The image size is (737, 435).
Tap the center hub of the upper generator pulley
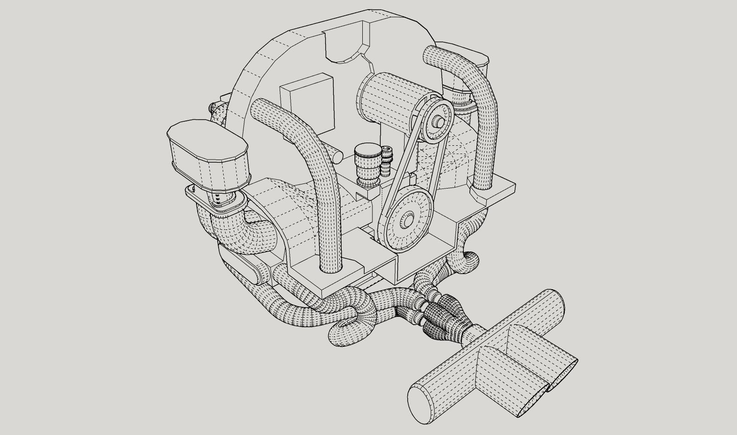click(439, 122)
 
